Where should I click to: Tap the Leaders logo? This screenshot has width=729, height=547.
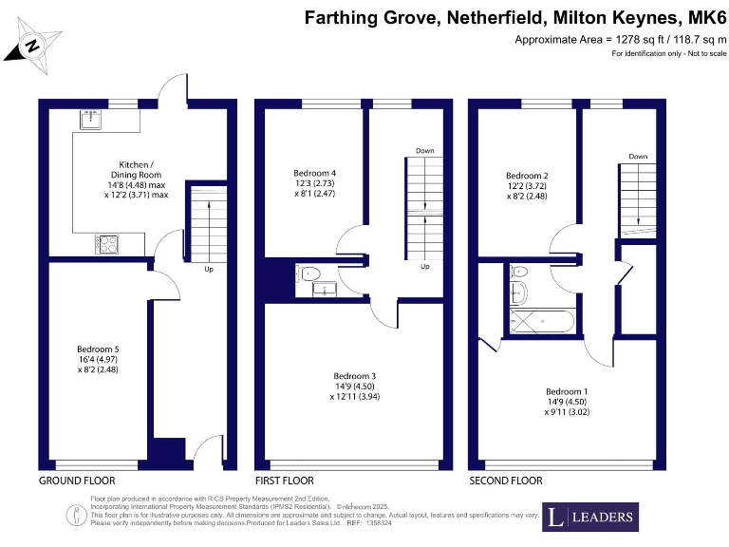point(589,518)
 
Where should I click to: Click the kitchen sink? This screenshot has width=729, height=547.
point(92,119)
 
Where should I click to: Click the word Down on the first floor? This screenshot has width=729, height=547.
point(424,150)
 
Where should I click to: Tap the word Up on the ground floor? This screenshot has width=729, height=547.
point(208,268)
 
